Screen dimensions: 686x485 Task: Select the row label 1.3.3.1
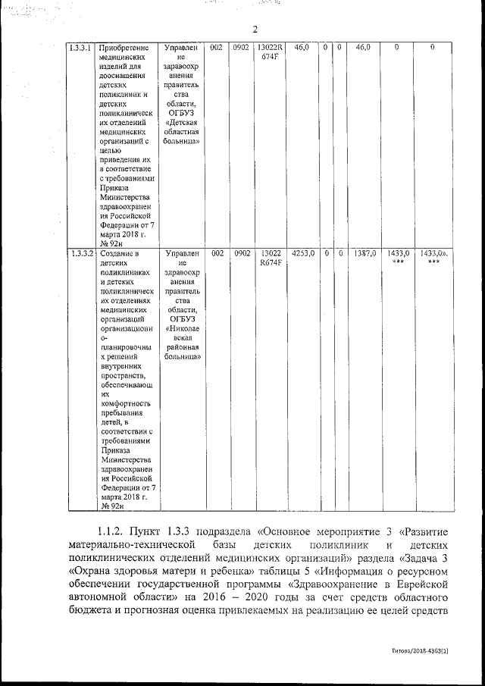(x=80, y=48)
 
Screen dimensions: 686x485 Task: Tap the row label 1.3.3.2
(x=80, y=253)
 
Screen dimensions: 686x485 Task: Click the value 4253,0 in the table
(x=302, y=253)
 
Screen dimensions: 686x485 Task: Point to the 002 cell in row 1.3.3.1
(x=216, y=48)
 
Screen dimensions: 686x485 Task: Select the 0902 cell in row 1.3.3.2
(x=242, y=253)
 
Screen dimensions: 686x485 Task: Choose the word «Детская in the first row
(x=182, y=121)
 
